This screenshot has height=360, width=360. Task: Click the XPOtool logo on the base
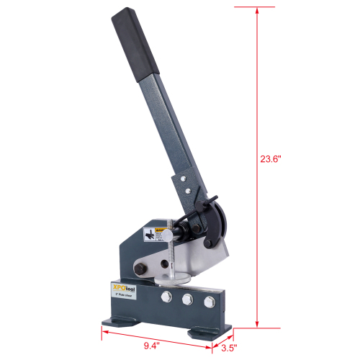click(124, 287)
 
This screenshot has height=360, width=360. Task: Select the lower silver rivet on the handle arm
click(188, 192)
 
